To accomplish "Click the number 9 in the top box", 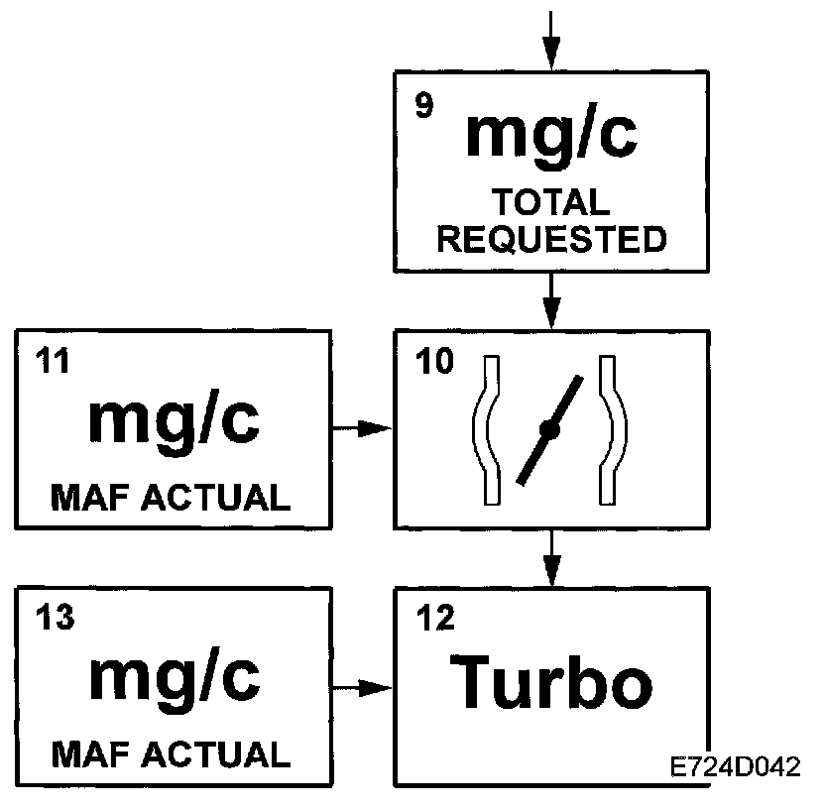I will [423, 107].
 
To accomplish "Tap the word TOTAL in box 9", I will [551, 202].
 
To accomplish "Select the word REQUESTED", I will [551, 239].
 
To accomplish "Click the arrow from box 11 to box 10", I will [362, 428].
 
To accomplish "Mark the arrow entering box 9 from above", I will [551, 40].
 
